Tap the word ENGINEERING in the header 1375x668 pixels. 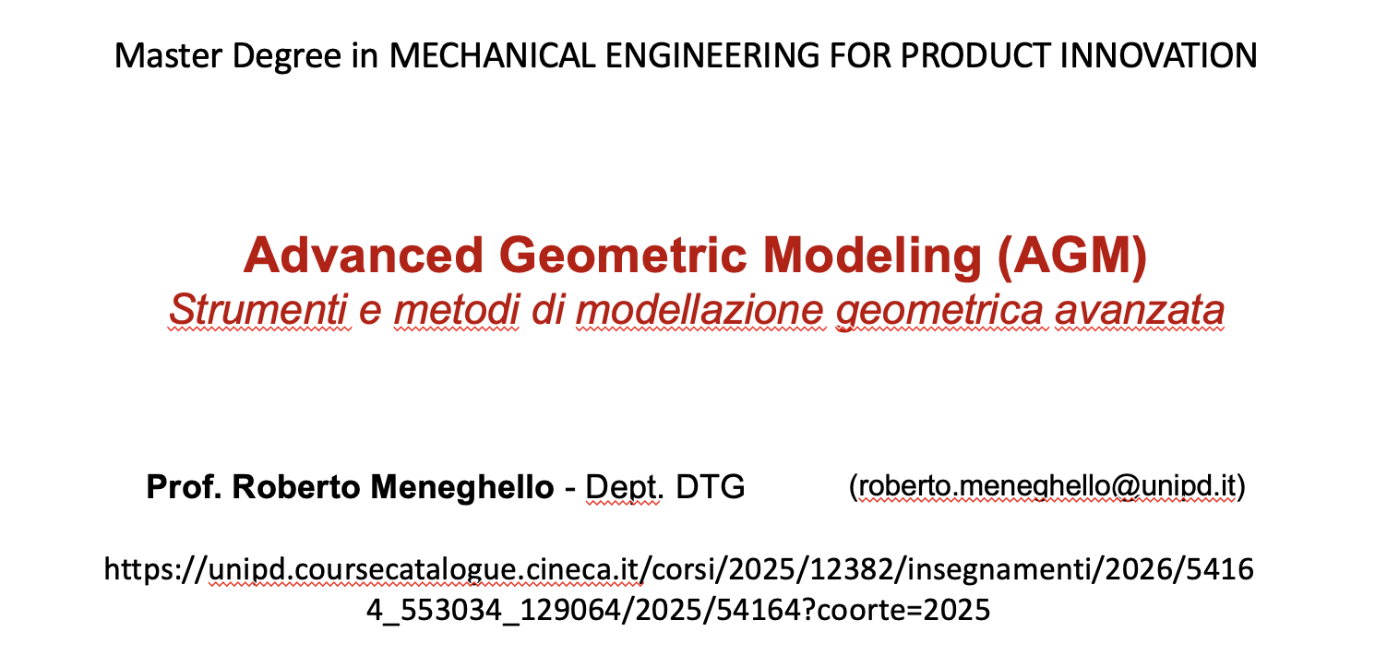[x=712, y=55]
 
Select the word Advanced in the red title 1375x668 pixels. [x=364, y=256]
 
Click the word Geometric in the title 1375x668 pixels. [x=623, y=256]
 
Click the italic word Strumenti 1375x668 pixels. [x=258, y=309]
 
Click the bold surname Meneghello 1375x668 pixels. [x=462, y=488]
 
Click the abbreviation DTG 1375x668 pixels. [x=711, y=487]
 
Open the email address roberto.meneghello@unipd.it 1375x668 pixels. [x=1046, y=486]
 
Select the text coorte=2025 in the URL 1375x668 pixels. [x=903, y=610]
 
